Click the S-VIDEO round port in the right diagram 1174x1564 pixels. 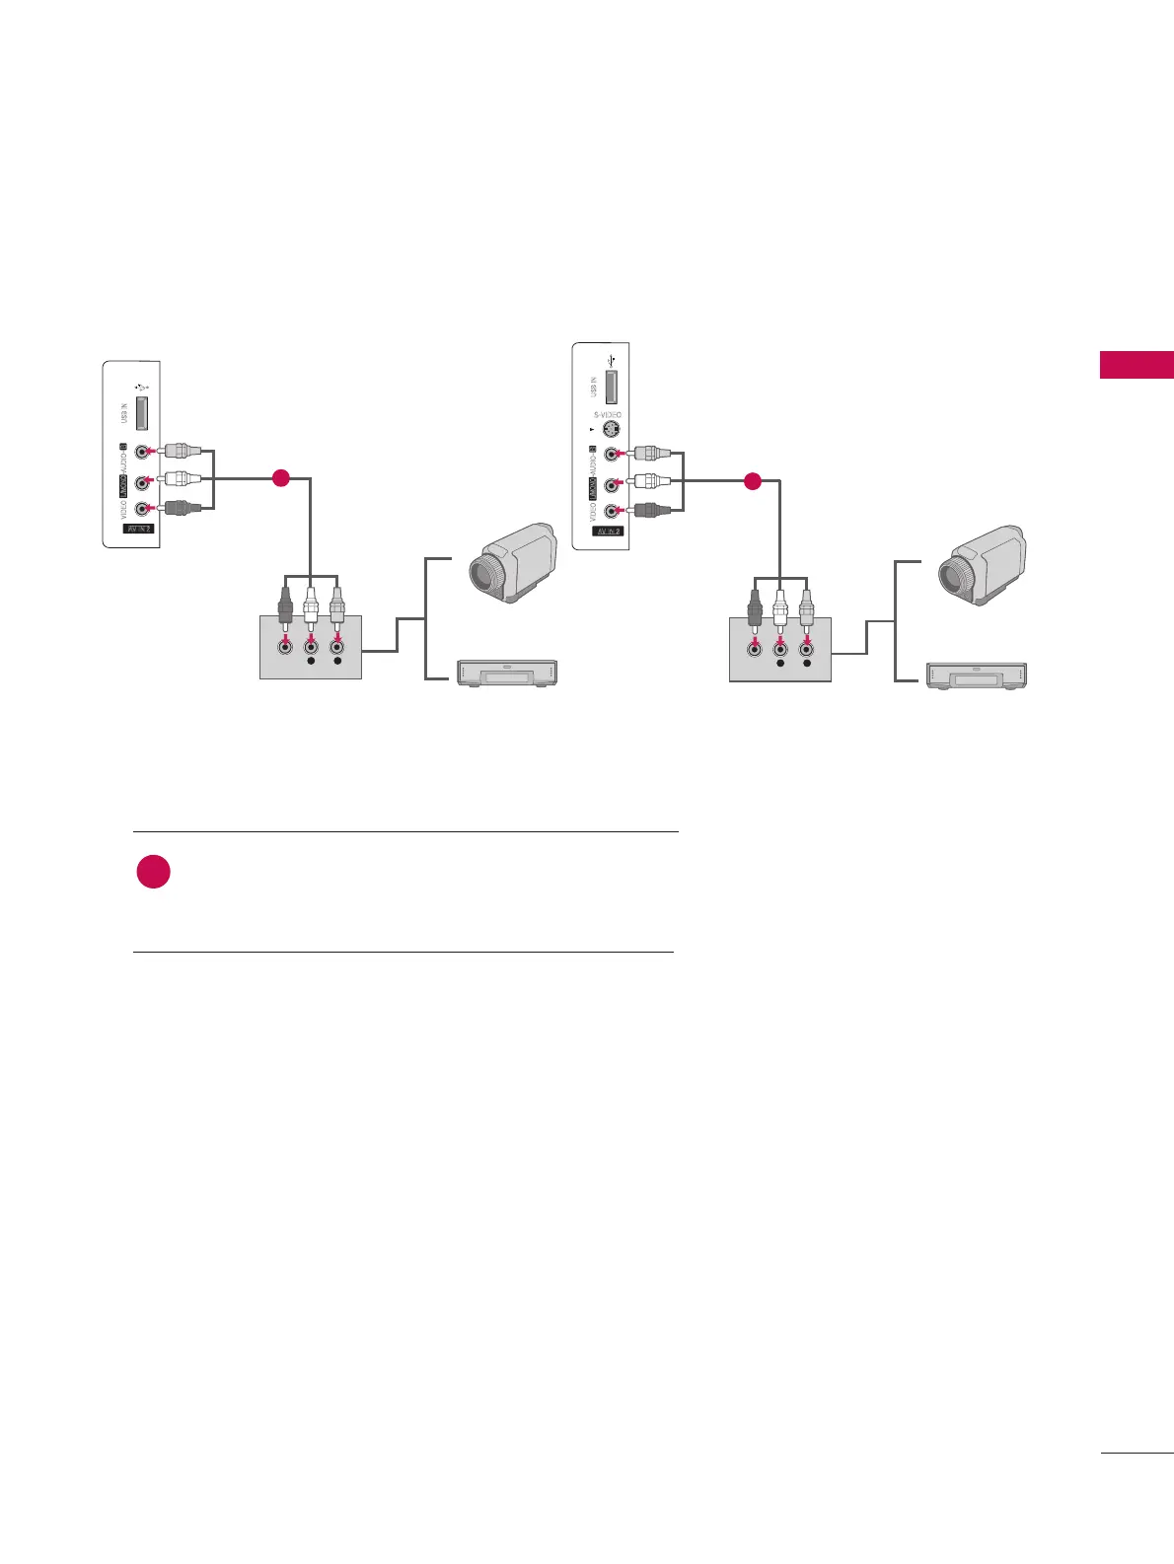click(612, 430)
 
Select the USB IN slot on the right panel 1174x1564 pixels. click(612, 384)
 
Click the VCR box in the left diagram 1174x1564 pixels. click(507, 673)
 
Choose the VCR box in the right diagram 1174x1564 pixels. click(976, 675)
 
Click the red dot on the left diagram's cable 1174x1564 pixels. click(280, 479)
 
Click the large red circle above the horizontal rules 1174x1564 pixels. click(153, 872)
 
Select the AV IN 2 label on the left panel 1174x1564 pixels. click(138, 530)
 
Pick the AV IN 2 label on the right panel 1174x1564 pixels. click(608, 532)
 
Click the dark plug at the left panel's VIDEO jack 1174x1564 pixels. click(183, 509)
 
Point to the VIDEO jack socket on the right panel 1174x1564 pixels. click(612, 511)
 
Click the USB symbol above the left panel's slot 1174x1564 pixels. click(143, 387)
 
